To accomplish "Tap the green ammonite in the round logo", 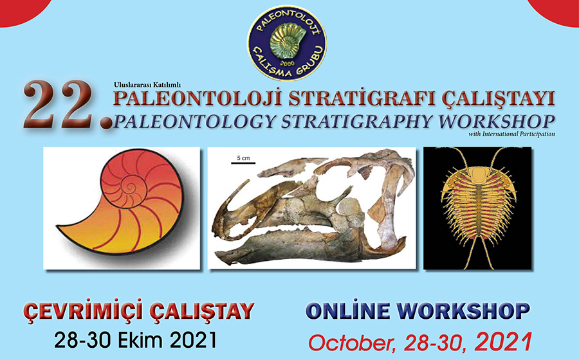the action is coord(288,41).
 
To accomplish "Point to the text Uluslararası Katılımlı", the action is coord(147,85).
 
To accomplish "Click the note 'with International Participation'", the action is coord(512,134).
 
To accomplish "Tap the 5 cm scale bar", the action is coord(243,162).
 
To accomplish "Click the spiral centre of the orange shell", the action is coord(130,187).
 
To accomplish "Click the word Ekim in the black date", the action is coord(138,340).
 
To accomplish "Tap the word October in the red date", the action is coord(354,343).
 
